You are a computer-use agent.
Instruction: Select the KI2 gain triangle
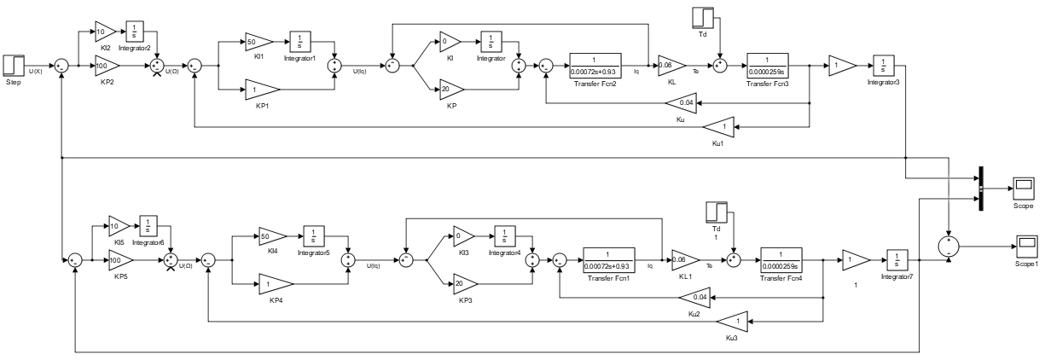click(104, 31)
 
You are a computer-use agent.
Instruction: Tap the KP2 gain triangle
click(105, 64)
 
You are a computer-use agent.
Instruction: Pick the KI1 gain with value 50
click(257, 41)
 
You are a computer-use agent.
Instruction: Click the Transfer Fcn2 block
click(595, 64)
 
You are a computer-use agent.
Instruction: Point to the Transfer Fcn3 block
click(770, 64)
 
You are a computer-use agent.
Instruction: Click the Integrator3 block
click(883, 64)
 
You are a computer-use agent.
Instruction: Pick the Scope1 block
click(1024, 247)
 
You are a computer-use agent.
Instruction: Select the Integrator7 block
click(897, 258)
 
